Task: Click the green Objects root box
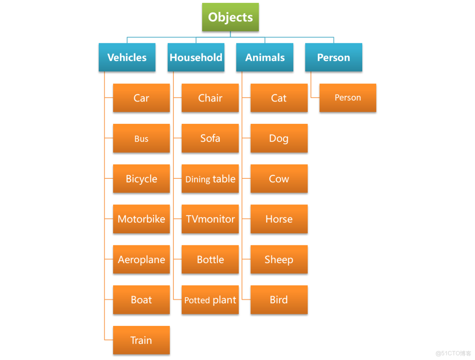coord(230,17)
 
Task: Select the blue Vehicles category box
coord(127,57)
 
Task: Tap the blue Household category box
coord(196,57)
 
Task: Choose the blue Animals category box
coord(265,57)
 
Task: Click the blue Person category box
coord(333,57)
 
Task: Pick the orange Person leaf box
coord(348,98)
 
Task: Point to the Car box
coord(141,98)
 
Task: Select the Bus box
coord(141,138)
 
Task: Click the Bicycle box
coord(141,179)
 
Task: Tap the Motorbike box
coord(141,219)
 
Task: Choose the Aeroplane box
coord(141,259)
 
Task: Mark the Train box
coord(141,340)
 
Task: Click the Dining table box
coord(210,179)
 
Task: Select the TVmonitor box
coord(210,219)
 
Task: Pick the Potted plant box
coord(210,300)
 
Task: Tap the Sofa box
coord(210,138)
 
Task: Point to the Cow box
coord(279,179)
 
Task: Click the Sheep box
coord(279,259)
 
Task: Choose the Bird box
coord(279,300)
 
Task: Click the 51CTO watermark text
coord(453,353)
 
